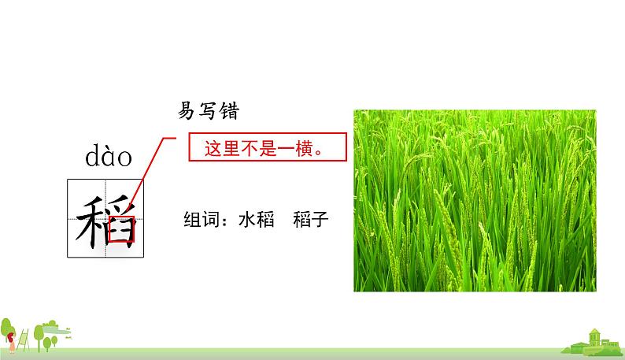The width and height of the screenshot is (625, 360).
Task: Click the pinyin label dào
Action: coord(109,156)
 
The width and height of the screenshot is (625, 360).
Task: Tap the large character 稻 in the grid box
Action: coord(106,221)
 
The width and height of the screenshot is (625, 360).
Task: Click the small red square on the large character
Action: coord(121,229)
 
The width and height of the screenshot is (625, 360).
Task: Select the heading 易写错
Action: coord(208,110)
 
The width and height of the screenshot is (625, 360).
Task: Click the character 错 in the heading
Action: coord(229,110)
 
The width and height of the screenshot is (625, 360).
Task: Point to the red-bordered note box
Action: coord(268,147)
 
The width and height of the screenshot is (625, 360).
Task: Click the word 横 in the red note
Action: coord(304,148)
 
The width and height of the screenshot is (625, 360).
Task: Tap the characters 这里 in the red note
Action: coord(222,148)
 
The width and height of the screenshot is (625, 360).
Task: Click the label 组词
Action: coord(202,219)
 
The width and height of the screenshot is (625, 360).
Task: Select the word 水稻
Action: coord(257,219)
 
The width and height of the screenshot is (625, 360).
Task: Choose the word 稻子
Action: coord(310,219)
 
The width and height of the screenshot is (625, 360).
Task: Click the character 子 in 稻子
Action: coord(320,219)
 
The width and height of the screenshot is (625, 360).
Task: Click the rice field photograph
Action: coord(475,200)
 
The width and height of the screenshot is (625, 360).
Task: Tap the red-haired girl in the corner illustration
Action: coord(12,342)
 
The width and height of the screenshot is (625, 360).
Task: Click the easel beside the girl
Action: coord(23,340)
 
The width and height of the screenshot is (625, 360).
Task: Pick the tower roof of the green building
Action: coord(594,332)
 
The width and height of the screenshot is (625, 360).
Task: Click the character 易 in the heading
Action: coord(187,110)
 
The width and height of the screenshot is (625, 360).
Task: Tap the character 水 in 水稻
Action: coord(247,219)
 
